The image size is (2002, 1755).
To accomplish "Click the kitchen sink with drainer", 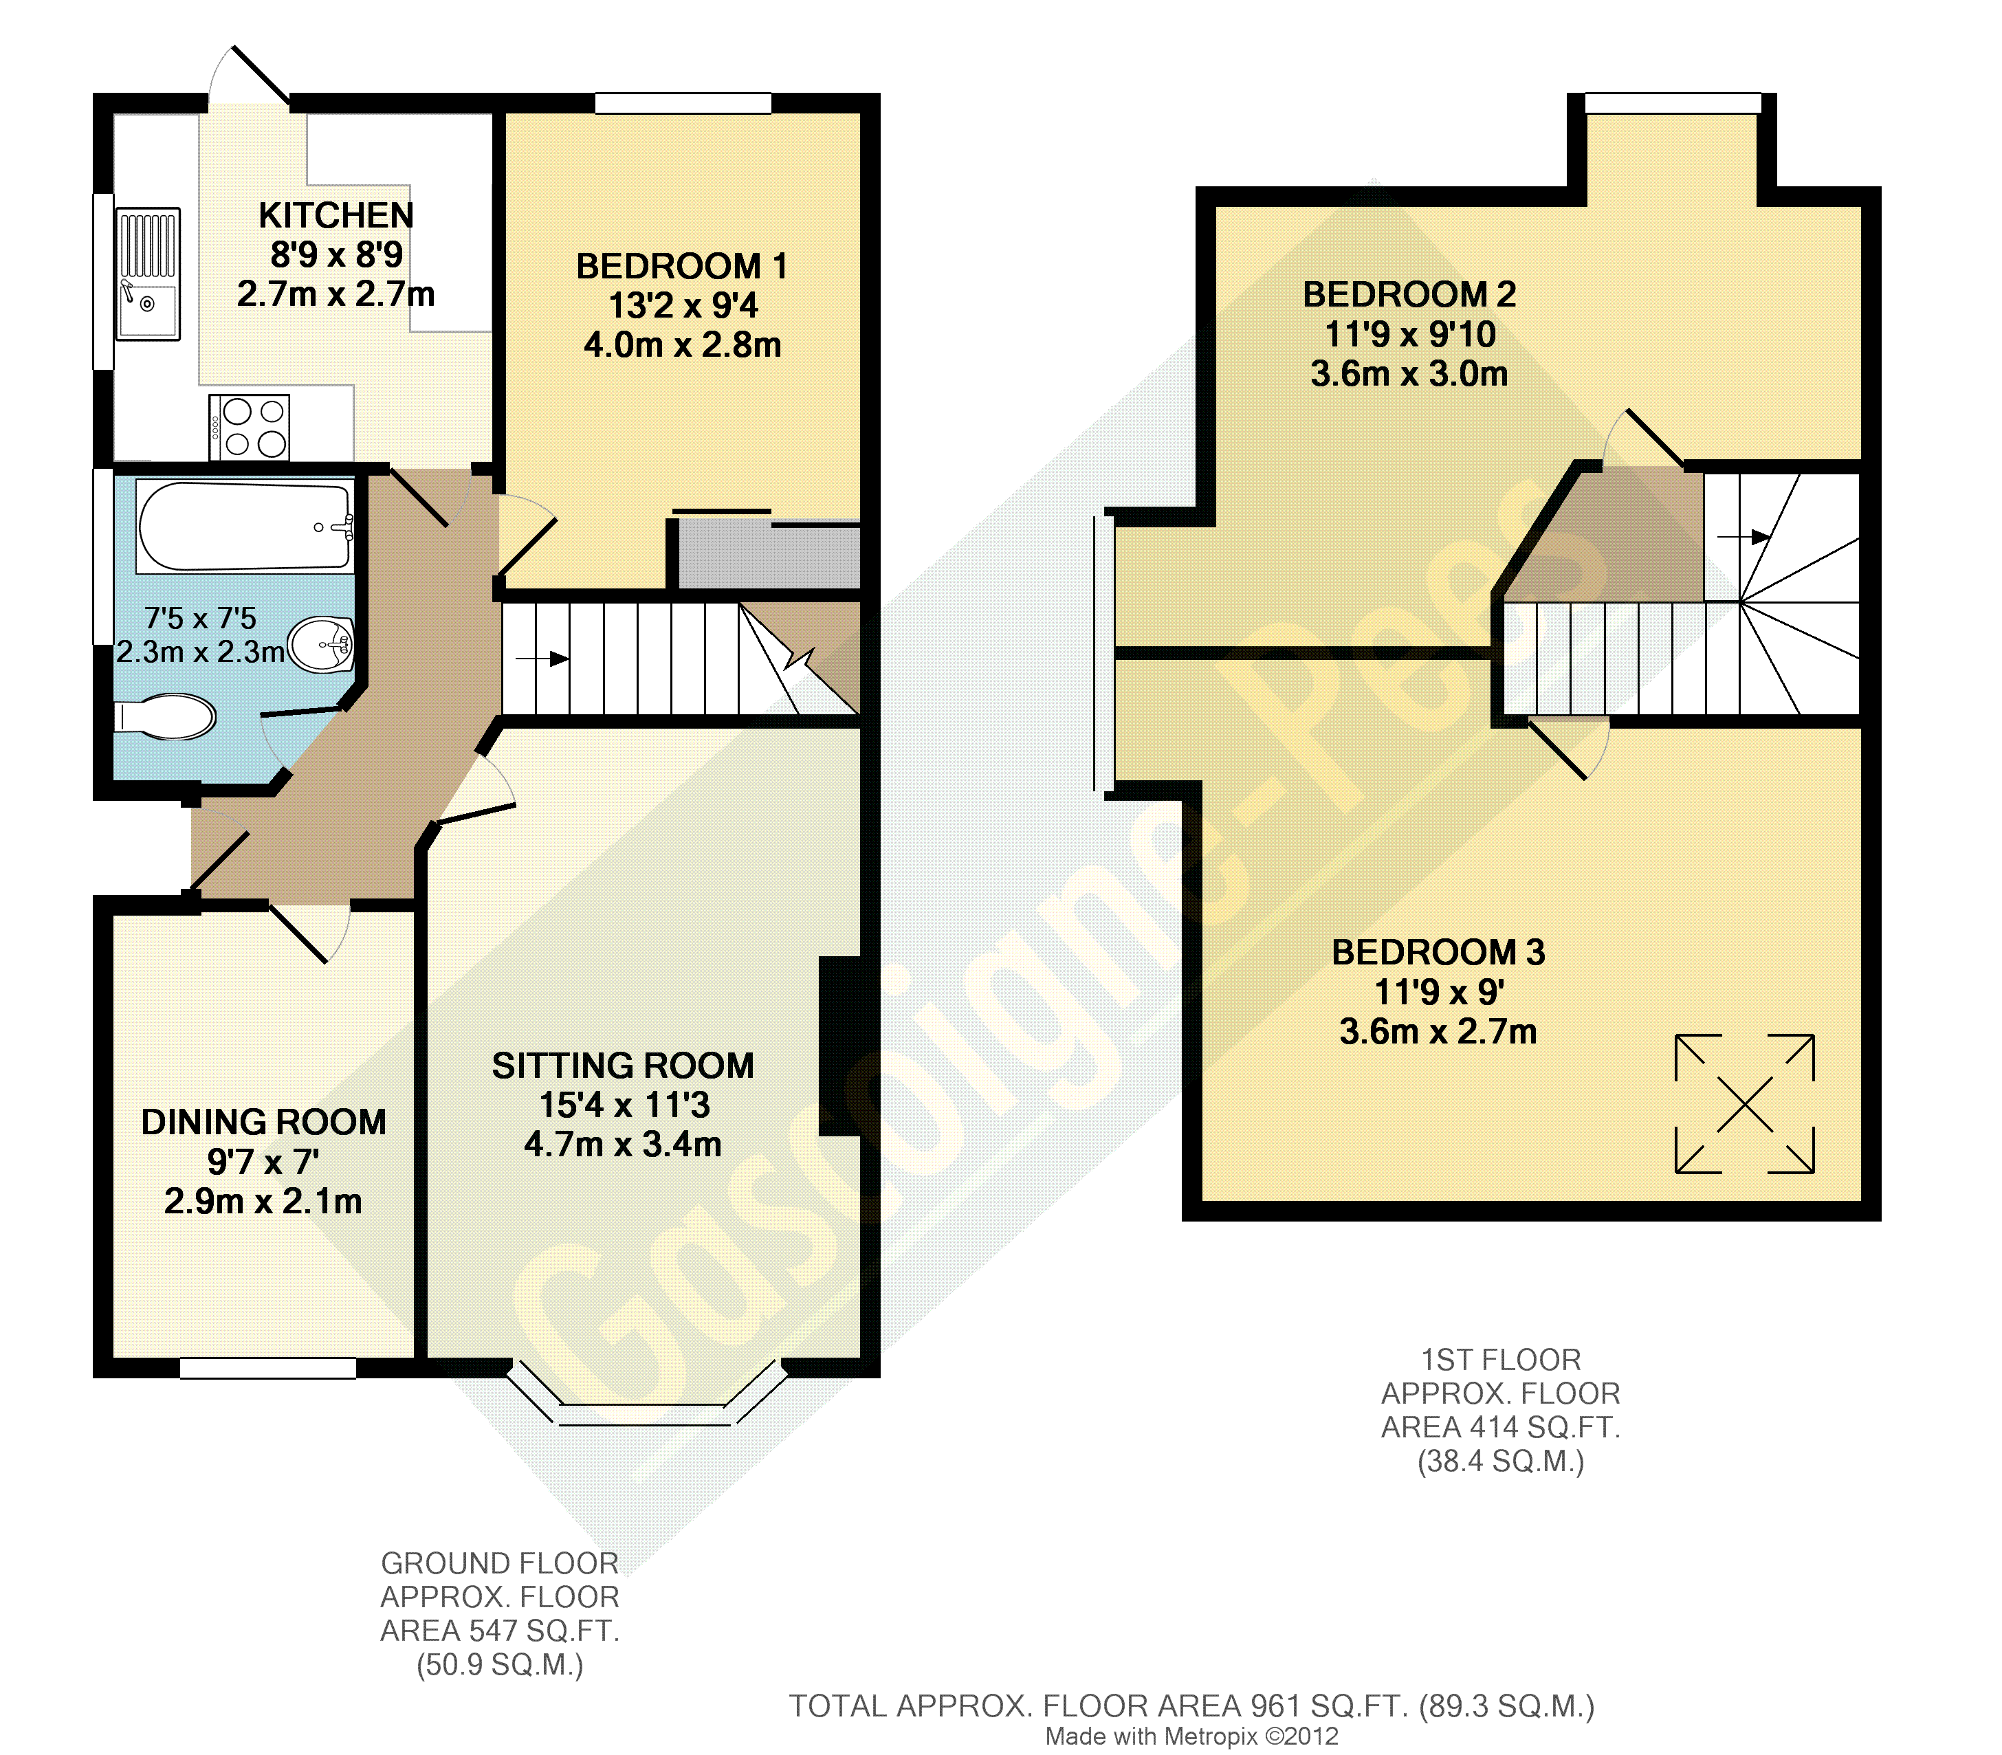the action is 148,274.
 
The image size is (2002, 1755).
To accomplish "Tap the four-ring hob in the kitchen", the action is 249,427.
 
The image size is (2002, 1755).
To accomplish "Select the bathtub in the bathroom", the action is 245,525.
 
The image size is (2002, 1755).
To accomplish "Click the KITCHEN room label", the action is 336,215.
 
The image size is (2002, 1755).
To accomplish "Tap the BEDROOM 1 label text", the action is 682,267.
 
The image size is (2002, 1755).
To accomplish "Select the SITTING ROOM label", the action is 623,1066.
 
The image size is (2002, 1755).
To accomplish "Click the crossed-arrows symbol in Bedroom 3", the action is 1744,1104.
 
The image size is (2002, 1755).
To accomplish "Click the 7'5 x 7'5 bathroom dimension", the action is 200,619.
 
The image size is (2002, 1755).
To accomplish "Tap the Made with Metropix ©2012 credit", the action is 1192,1736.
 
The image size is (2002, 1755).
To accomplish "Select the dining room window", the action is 268,1368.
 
